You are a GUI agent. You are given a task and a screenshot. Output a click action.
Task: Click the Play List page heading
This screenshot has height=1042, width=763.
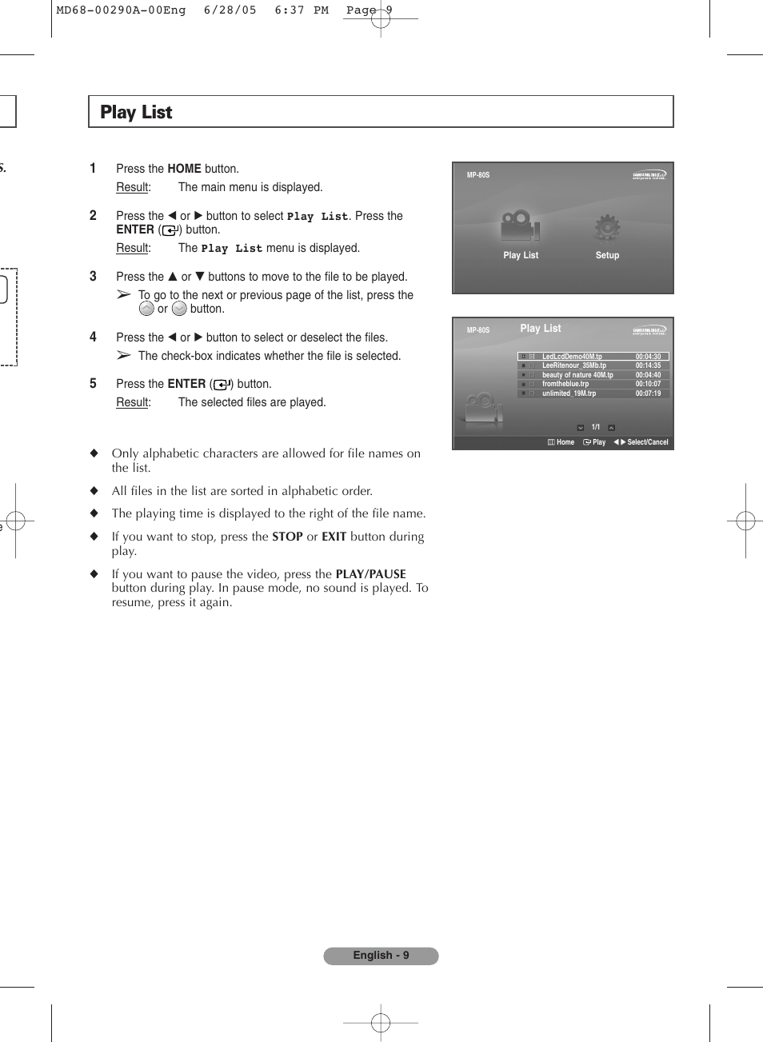(136, 113)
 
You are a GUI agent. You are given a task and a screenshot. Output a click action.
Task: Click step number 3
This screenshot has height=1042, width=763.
(93, 276)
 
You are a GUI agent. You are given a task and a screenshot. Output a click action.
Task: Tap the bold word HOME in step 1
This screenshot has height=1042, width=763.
(184, 169)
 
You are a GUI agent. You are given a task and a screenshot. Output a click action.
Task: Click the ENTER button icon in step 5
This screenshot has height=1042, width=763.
(222, 385)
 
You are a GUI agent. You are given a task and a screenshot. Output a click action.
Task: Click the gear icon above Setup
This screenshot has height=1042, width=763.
(607, 228)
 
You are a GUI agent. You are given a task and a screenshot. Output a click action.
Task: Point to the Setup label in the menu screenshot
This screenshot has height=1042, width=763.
(607, 255)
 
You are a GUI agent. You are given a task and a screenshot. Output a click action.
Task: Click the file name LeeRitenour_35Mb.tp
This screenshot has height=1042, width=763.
(573, 365)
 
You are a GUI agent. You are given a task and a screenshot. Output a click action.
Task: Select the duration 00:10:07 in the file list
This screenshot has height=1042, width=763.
(648, 384)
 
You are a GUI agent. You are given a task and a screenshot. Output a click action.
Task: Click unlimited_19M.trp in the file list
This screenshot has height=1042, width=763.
(569, 393)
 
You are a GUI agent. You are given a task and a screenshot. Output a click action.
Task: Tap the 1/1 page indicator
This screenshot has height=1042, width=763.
(596, 427)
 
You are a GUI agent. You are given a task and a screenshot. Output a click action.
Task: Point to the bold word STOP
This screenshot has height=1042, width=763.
(287, 537)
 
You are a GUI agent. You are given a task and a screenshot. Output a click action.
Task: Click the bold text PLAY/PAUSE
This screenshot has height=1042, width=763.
(370, 574)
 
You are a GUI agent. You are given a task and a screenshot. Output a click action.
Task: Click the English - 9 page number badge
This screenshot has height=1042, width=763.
(381, 956)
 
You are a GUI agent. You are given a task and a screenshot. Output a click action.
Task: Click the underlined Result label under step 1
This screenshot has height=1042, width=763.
(133, 187)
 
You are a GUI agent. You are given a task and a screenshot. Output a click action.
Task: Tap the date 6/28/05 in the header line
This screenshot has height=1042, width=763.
(230, 10)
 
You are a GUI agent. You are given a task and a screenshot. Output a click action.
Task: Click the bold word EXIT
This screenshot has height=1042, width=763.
(334, 537)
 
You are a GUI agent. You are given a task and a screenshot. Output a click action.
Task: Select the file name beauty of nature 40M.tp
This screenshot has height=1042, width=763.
(577, 375)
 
